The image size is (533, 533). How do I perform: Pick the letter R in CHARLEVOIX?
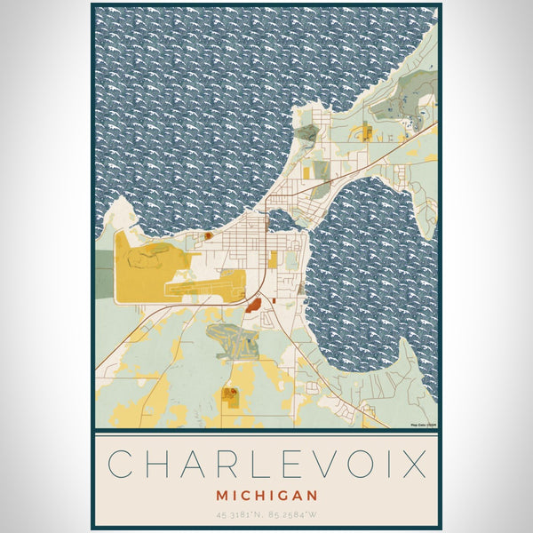click(x=212, y=464)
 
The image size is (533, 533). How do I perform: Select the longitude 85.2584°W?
click(x=292, y=513)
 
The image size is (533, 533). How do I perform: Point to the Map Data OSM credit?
click(x=423, y=426)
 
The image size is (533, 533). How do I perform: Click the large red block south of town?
click(x=253, y=306)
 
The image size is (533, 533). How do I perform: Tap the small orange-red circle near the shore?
click(x=208, y=236)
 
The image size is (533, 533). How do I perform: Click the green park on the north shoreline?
click(x=307, y=134)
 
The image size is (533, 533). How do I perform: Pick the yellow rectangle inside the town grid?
click(x=274, y=259)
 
